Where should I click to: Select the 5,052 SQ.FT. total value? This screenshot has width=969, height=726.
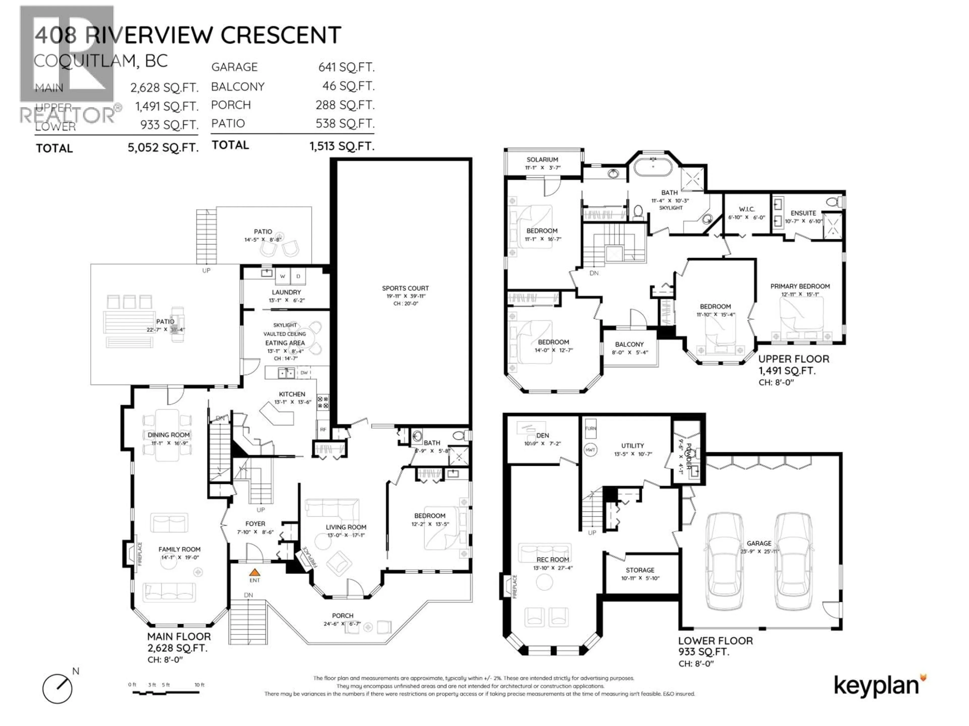point(163,147)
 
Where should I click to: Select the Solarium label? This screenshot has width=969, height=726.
point(542,160)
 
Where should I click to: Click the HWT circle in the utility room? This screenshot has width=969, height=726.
point(590,450)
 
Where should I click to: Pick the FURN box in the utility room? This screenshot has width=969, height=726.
point(590,429)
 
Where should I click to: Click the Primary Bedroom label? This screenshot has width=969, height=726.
point(800,286)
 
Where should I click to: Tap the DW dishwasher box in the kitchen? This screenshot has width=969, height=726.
point(304,373)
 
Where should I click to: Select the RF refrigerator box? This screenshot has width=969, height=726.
point(323,429)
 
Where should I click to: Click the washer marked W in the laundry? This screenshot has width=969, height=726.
point(283,276)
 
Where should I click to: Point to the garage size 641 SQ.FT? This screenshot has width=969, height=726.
point(346,67)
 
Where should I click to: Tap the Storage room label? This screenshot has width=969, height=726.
point(640,570)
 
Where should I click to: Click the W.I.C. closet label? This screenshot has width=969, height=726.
point(746,209)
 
